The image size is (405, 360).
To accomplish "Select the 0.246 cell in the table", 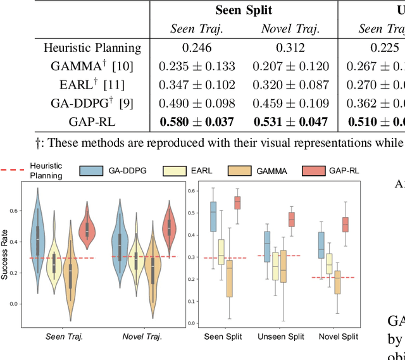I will point(196,47).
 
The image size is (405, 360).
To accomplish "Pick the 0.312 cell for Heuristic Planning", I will point(290,47).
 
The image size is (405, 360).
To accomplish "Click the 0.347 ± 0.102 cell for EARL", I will point(196,84).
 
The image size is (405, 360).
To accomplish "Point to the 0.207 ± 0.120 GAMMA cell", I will point(290,66).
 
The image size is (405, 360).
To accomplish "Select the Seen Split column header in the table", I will point(244,9).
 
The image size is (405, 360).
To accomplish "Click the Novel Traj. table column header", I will point(290,28).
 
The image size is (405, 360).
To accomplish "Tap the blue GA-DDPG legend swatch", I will point(91,170).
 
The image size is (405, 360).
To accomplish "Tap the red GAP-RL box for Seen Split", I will point(237,202).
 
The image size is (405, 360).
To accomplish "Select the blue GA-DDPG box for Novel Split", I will point(321,245).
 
